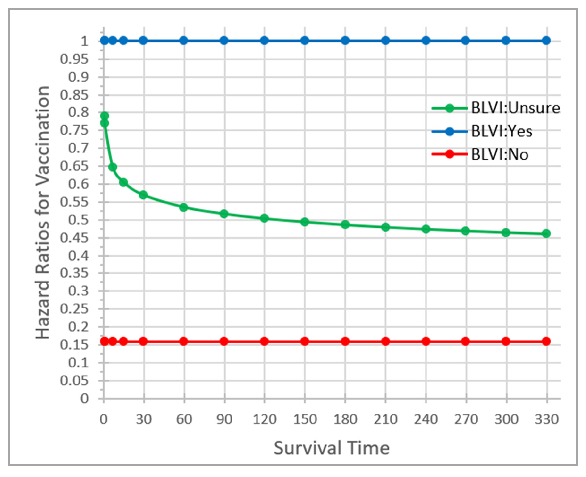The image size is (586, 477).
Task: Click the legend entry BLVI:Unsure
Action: pos(515,108)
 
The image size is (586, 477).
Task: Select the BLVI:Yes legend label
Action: pos(502,131)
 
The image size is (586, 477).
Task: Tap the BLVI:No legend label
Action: pos(500,154)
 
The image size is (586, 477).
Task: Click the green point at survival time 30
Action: pos(143,195)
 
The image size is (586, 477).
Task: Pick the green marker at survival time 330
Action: pos(546,234)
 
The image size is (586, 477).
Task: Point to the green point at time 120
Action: pos(264,219)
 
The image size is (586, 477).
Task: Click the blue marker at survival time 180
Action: pos(345,41)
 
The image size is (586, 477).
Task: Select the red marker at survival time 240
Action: pos(426,342)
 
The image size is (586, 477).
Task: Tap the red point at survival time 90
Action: pos(224,342)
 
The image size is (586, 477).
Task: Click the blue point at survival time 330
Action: pos(546,41)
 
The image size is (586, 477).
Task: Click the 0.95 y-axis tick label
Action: pos(74,59)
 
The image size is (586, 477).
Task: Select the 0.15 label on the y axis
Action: pos(74,345)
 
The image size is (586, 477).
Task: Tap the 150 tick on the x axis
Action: pos(305,420)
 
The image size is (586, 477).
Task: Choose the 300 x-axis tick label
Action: pos(506,420)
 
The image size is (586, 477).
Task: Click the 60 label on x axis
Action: pos(184,420)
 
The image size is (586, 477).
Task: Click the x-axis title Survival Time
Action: pos(332,448)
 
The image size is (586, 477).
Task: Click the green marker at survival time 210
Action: pos(385,227)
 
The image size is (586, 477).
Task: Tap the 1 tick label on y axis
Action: pos(84,41)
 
